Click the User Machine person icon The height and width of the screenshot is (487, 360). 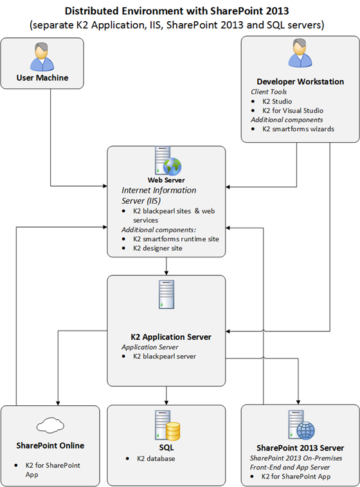(42, 57)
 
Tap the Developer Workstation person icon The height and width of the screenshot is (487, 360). (300, 53)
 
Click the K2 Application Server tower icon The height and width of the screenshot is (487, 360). (166, 294)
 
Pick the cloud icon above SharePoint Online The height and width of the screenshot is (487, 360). (50, 425)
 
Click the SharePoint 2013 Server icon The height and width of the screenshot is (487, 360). (301, 425)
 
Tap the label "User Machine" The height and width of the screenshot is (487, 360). (42, 78)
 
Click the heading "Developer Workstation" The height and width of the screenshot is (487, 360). (300, 81)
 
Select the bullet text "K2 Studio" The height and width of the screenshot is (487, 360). (277, 101)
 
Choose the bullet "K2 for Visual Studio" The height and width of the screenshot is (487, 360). (292, 111)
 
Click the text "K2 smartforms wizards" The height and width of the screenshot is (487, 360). (298, 129)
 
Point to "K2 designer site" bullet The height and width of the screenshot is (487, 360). (157, 248)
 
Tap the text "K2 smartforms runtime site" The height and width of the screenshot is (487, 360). (176, 239)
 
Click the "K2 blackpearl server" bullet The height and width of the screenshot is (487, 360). (165, 356)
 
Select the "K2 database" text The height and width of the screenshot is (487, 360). (156, 459)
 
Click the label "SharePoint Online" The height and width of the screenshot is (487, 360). (50, 445)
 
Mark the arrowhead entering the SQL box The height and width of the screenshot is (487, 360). (166, 403)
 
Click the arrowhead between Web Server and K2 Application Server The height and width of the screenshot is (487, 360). (166, 273)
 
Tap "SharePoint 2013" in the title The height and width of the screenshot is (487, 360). (249, 11)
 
